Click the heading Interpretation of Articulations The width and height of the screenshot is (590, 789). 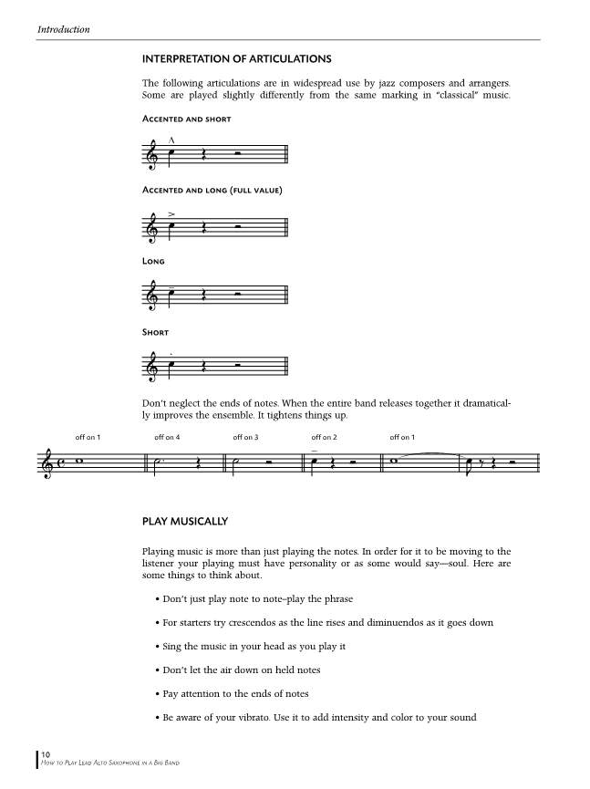coord(236,59)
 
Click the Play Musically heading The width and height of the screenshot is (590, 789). coord(185,522)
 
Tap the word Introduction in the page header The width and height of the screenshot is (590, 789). coord(64,30)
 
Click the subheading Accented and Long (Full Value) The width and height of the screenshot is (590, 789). coord(212,190)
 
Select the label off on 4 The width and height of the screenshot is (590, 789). coord(167,438)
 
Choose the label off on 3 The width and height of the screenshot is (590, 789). coord(245,438)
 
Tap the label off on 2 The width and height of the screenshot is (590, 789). coord(324,438)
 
